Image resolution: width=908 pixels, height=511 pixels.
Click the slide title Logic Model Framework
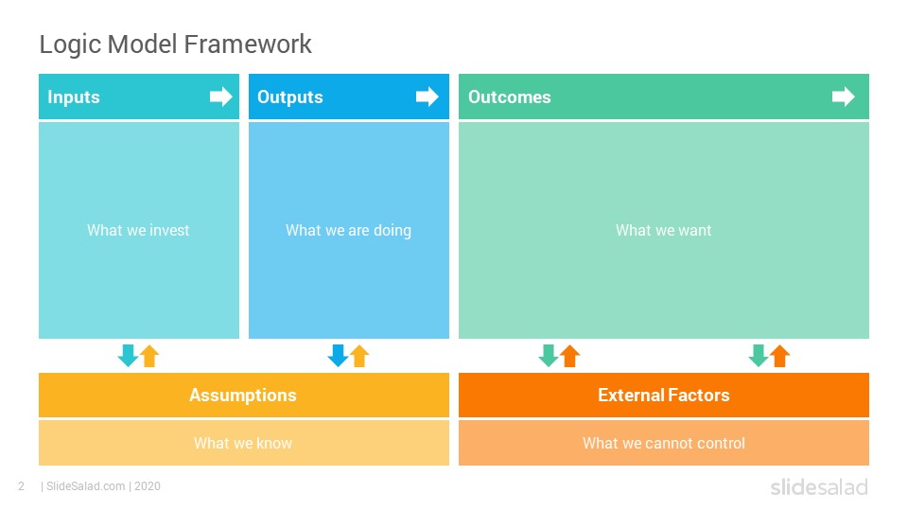(x=176, y=44)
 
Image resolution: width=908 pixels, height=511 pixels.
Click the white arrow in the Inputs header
(x=221, y=97)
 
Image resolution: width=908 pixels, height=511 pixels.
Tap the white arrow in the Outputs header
(x=428, y=97)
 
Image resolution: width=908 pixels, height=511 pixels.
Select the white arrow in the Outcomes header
(x=844, y=97)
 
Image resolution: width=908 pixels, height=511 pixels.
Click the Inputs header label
(x=74, y=97)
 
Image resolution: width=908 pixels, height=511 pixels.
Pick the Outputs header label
(x=290, y=97)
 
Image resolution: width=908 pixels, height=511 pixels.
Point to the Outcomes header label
(x=510, y=97)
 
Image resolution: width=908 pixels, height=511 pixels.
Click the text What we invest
(x=138, y=230)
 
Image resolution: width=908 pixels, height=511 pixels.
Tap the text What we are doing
(x=349, y=231)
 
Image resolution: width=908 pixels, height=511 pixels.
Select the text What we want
(x=664, y=230)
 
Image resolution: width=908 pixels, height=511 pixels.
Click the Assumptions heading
(x=243, y=396)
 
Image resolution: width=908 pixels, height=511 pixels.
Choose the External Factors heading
(x=664, y=396)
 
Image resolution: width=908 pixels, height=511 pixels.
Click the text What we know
(x=243, y=443)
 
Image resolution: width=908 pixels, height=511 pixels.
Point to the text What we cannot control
(x=664, y=443)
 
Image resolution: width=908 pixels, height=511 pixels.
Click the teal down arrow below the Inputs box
(x=128, y=356)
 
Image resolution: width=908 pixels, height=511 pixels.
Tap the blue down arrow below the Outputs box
(x=338, y=356)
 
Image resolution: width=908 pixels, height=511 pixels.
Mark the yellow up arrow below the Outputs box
(x=359, y=356)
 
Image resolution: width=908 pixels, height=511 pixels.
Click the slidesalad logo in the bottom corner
(x=819, y=486)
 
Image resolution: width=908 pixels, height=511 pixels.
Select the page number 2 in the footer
(x=22, y=486)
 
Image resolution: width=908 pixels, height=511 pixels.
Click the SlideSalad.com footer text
(x=86, y=486)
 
